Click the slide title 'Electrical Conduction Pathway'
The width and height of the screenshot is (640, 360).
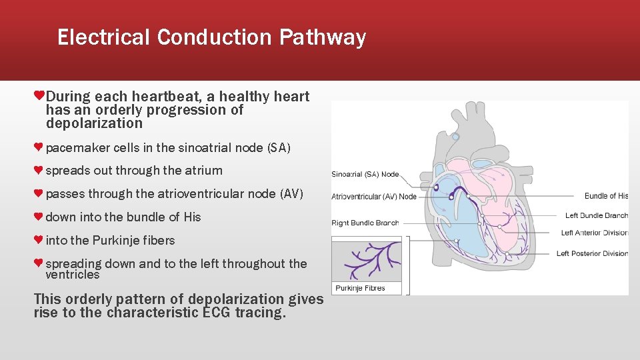[x=211, y=37]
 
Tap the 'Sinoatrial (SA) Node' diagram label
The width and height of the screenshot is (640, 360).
[x=365, y=175]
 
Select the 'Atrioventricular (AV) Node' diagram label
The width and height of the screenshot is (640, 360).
[x=374, y=197]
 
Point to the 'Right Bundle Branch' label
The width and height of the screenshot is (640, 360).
[x=365, y=223]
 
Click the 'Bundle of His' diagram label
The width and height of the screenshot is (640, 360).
[x=606, y=196]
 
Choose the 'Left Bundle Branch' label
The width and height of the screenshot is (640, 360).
[x=596, y=215]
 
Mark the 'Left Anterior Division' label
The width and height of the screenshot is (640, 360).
[x=594, y=233]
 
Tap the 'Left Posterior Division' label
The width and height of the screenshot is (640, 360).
[x=592, y=253]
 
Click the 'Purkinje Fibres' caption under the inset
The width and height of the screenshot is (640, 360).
[x=360, y=288]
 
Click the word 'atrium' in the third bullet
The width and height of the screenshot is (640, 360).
[x=204, y=171]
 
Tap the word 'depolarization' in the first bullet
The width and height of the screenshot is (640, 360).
[x=94, y=123]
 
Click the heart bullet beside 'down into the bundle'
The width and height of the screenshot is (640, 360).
[x=39, y=217]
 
